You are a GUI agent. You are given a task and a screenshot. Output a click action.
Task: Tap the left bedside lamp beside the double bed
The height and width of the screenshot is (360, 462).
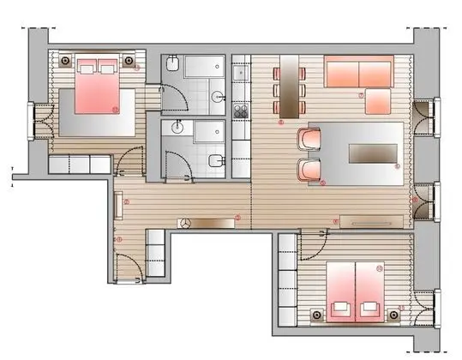[67, 60]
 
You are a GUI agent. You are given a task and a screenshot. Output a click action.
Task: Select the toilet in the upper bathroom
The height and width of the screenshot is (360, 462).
[172, 65]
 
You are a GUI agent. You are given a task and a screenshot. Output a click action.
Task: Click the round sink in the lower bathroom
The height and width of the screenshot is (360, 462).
[178, 127]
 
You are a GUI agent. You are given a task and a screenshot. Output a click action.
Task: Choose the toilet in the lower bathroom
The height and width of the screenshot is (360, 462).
[215, 159]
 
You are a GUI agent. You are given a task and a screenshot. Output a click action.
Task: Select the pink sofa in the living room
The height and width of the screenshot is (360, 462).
[359, 72]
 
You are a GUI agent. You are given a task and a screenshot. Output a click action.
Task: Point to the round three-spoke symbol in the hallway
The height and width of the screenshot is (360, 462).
[183, 222]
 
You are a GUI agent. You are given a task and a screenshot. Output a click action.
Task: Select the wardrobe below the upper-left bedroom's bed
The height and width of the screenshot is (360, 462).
[79, 164]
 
